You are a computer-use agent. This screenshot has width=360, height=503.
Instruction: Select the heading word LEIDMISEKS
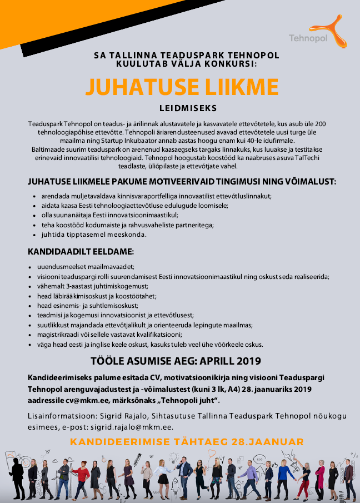(181, 108)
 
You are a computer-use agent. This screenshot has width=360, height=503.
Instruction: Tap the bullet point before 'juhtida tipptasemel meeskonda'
(35, 235)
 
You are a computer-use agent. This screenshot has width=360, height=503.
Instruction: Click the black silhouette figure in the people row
(17, 477)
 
